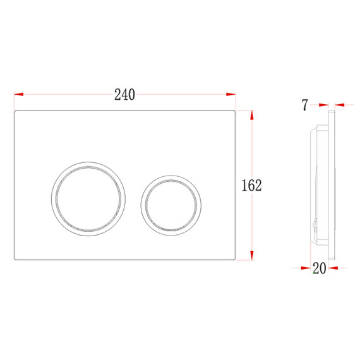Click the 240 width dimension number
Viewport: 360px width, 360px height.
(124, 95)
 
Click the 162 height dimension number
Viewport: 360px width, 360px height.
(251, 185)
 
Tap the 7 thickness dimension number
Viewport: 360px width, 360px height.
(304, 105)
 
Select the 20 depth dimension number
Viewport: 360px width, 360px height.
(320, 268)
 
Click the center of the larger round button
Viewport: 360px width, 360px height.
(88, 199)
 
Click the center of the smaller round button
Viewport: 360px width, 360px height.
(171, 205)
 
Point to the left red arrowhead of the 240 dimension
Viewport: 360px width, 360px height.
(18, 94)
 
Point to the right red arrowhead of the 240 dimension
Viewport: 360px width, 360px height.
(231, 94)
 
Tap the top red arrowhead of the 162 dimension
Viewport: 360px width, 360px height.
(252, 115)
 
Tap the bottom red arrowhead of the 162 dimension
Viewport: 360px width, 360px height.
(252, 255)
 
